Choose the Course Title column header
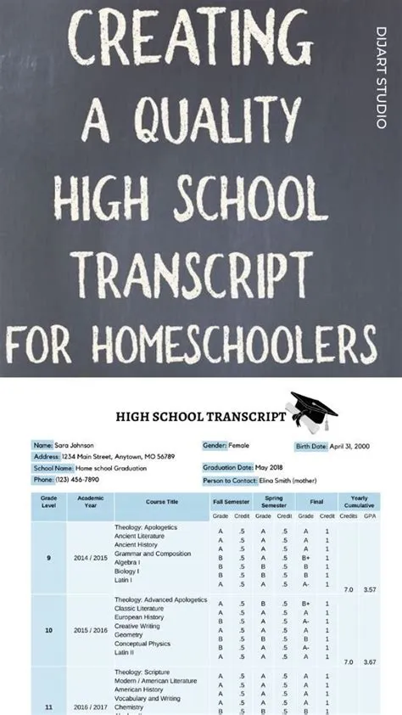[x=161, y=501]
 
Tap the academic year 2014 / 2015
[x=90, y=558]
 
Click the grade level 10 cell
[x=48, y=631]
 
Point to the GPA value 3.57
[x=370, y=588]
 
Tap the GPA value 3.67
[x=370, y=662]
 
